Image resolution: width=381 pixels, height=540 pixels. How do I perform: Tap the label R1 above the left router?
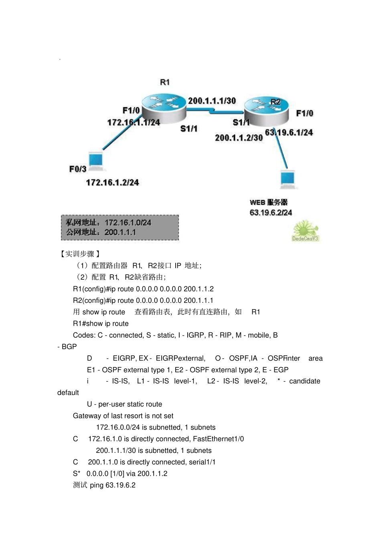pos(165,82)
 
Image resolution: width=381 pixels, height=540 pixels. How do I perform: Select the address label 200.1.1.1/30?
pos(212,101)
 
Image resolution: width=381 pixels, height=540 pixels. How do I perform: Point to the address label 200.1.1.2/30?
pos(239,138)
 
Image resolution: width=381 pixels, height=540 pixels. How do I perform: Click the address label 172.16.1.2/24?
pos(112,183)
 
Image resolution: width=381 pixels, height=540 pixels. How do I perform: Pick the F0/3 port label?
pos(77,169)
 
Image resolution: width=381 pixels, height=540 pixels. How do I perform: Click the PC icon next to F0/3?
pos(96,160)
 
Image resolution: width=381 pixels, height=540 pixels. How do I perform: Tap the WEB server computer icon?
pos(288,179)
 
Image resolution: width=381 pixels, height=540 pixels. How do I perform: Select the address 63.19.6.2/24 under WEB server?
pos(271,213)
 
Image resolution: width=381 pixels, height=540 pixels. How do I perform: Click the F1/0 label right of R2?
pos(304,114)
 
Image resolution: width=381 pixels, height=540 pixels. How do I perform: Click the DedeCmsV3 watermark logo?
pos(305,231)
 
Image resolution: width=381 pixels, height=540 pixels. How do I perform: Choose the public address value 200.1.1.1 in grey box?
pos(120,232)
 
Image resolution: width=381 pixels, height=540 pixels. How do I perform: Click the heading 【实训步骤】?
pos(79,254)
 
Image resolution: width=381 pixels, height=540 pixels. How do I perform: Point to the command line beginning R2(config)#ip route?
pos(143,300)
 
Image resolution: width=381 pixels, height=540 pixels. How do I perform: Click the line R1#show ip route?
pos(101,324)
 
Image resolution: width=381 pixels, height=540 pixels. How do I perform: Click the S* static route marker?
pos(77,474)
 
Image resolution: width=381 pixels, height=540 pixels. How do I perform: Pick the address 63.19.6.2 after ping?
pos(120,485)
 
